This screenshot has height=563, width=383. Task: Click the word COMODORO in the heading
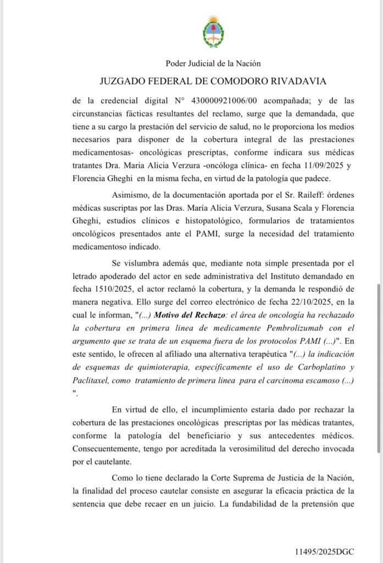[232, 81]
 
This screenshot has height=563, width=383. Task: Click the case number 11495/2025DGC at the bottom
[333, 550]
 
